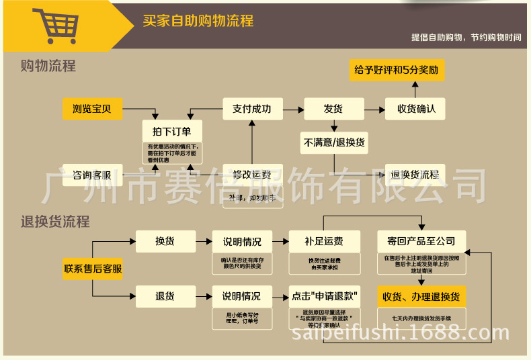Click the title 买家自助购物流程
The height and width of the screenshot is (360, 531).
click(198, 21)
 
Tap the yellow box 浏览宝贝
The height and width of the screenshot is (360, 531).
click(92, 108)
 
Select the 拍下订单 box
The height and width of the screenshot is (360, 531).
click(171, 130)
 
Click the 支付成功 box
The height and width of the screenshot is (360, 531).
click(252, 108)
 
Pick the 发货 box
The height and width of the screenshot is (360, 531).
click(333, 108)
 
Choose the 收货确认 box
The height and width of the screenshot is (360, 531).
click(415, 108)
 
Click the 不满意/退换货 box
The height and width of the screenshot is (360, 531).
click(334, 142)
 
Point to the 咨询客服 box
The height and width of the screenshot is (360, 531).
click(92, 175)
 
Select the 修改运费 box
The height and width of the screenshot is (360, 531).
click(252, 175)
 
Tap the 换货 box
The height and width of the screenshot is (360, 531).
click(165, 241)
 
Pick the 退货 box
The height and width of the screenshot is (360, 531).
click(165, 296)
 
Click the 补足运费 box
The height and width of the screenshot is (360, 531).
click(323, 241)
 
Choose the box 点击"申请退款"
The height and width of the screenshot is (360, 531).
click(324, 296)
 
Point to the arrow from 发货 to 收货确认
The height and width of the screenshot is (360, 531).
click(374, 108)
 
